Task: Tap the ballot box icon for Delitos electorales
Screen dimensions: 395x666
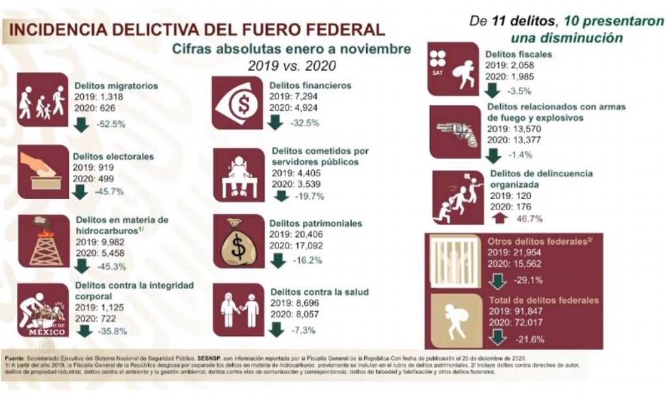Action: tap(42, 171)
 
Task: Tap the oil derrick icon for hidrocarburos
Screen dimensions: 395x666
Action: tap(43, 241)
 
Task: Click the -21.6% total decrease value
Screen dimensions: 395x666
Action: tap(530, 338)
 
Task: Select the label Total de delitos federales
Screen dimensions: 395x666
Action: tap(543, 300)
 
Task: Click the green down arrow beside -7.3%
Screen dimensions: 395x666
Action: tap(276, 329)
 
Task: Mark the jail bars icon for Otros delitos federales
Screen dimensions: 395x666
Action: tap(453, 261)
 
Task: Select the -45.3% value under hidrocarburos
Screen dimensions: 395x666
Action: tap(109, 266)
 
